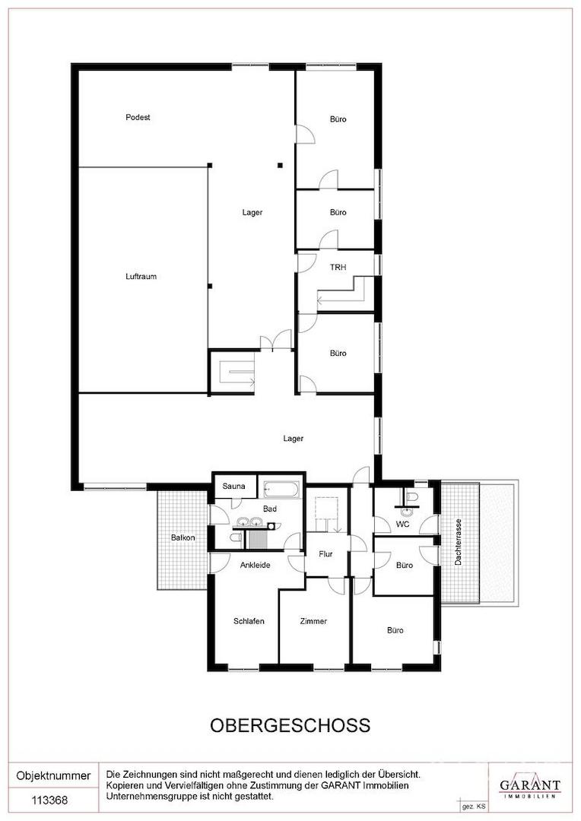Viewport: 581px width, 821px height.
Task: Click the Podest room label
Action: (x=138, y=117)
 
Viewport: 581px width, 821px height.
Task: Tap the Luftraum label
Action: (x=141, y=277)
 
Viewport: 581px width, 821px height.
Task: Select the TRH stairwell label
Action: (x=338, y=267)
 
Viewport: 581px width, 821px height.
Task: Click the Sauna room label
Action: (x=233, y=486)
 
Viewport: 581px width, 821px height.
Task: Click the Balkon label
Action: (x=183, y=537)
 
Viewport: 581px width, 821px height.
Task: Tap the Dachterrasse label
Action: (x=459, y=541)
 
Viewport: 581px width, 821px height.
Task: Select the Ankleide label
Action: (x=255, y=565)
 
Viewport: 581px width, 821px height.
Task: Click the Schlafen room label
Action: (x=249, y=621)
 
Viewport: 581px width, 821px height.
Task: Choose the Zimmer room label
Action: (x=313, y=621)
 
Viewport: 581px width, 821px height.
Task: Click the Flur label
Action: (x=326, y=554)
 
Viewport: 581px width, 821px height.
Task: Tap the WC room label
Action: (x=403, y=524)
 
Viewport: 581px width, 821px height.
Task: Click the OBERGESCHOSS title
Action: (x=290, y=725)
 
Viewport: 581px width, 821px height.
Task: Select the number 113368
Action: (x=49, y=800)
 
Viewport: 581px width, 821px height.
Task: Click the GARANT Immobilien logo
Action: (x=529, y=785)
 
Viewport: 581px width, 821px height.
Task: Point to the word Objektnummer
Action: (x=53, y=775)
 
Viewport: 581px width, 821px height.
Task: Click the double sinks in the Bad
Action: (x=249, y=521)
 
